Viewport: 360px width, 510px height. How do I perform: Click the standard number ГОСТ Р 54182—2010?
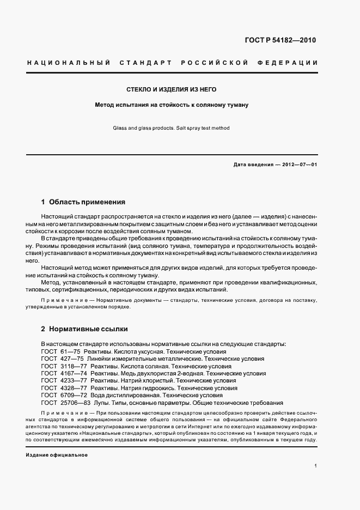281,40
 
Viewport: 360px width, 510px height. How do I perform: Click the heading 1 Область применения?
83,202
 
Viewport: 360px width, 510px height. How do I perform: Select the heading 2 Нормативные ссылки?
84,330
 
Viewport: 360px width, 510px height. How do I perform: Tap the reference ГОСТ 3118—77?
58,367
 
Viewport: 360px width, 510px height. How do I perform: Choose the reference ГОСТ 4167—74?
58,374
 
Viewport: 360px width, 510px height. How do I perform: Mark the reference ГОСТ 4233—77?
58,381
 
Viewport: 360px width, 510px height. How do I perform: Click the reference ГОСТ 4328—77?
58,388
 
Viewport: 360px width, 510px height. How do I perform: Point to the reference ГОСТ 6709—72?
58,395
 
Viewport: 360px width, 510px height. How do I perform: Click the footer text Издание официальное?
57,454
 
